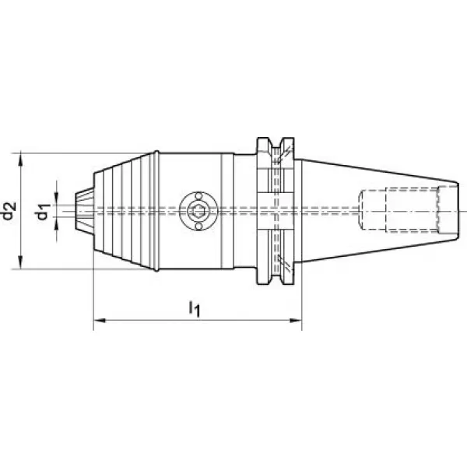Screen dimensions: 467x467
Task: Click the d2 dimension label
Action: pos(9,211)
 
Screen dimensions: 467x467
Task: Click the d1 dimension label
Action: pos(42,212)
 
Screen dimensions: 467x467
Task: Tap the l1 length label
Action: pos(195,308)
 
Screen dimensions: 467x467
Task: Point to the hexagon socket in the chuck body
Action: pos(198,212)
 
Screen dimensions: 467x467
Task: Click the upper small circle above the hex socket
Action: pos(198,196)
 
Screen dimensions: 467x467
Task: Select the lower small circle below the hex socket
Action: pos(198,227)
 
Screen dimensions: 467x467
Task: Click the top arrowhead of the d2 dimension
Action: pos(20,159)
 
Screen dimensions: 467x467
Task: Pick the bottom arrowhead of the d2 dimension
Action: pos(20,262)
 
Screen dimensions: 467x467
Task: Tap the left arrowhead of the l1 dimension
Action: pos(100,321)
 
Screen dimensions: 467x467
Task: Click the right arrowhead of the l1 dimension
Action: pos(296,321)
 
